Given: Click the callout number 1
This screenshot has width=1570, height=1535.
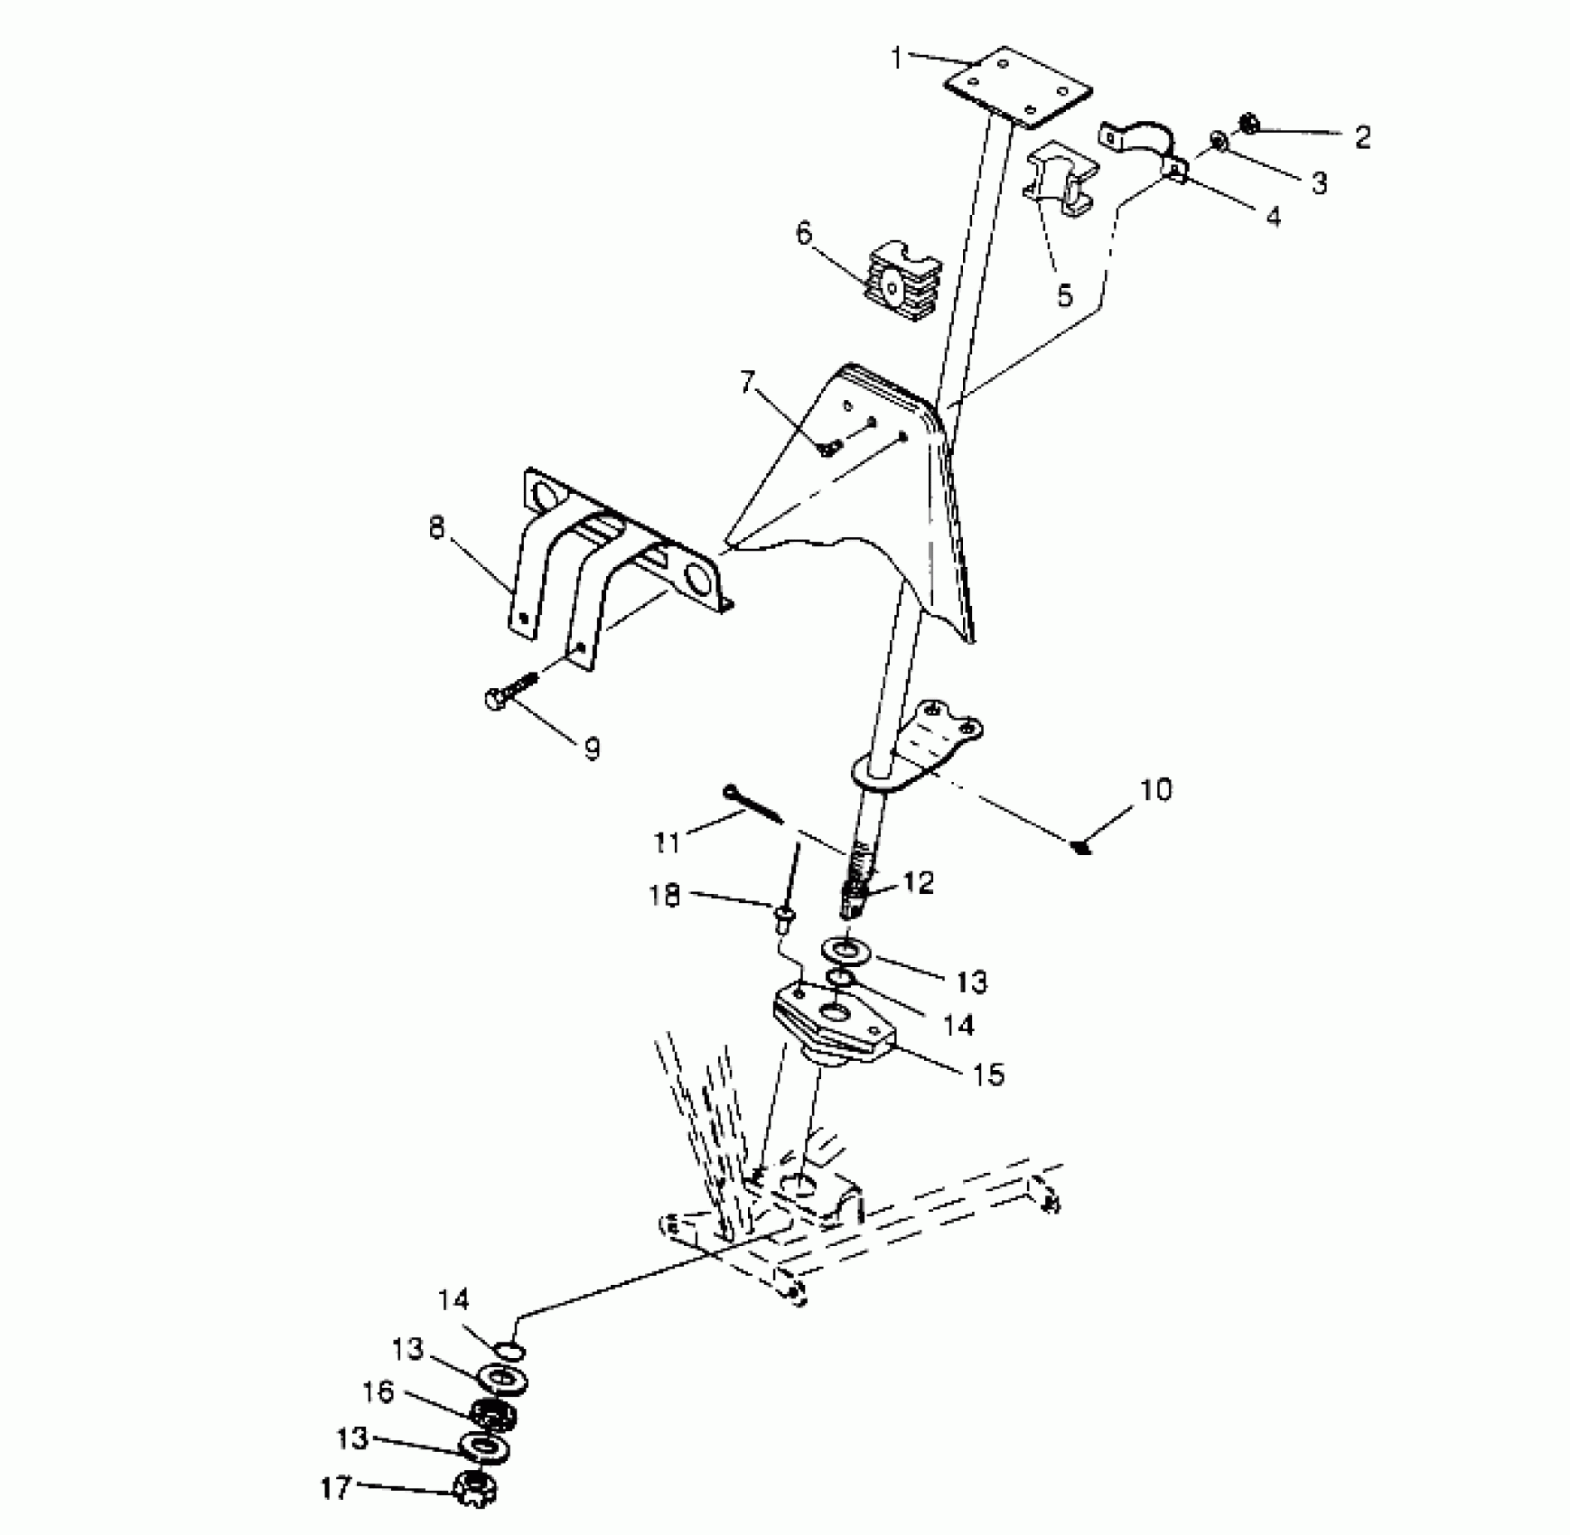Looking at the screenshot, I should pos(896,59).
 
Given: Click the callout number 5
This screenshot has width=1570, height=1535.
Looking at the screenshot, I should pos(1064,293).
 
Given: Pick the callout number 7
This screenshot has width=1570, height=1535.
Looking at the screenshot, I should pos(747,382).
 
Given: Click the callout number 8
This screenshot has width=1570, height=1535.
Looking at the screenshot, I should pos(437,526).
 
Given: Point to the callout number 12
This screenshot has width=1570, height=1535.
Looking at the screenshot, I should pos(918,882).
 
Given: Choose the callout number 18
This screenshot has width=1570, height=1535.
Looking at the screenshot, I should pos(664,897).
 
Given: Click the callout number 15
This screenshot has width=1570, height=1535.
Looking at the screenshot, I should pos(989,1074).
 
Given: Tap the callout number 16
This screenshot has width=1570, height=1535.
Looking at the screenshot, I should pos(378,1391).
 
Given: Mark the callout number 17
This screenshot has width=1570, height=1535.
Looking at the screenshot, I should pos(335,1487).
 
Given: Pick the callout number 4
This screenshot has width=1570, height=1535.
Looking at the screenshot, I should pos(1273,216).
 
